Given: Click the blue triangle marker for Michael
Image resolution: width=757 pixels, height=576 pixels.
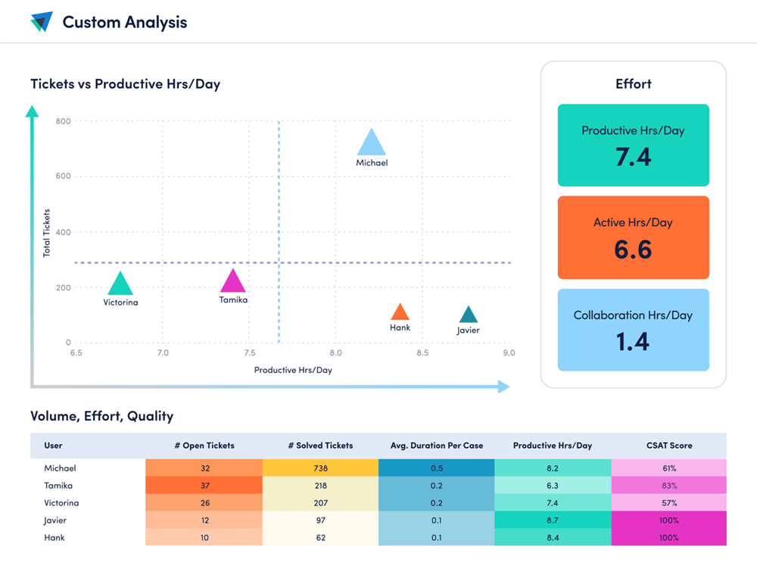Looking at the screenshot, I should (371, 144).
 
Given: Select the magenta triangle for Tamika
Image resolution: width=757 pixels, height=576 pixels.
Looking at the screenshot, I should (233, 282).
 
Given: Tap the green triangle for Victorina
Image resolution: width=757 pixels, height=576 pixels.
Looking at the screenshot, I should (120, 285).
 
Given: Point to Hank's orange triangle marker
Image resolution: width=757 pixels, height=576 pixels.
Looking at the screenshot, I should (400, 312).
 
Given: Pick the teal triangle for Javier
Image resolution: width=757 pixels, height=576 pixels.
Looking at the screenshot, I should (469, 315).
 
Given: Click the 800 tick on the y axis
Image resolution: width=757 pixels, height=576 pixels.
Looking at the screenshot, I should (63, 121).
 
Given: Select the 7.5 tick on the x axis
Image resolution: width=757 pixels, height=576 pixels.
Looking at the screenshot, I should (249, 353).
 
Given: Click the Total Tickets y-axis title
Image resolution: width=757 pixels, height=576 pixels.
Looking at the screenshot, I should (47, 233).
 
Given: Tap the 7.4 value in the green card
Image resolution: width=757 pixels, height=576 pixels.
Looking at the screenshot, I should (633, 157).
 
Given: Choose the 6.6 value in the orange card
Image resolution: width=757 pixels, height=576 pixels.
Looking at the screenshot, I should (633, 249).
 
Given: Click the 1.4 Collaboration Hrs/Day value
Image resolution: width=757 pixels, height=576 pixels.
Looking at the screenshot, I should (633, 342).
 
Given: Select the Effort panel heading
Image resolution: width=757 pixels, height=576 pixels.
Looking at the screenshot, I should (634, 84).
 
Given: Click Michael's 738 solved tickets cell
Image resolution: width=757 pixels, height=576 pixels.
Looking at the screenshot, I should (320, 468).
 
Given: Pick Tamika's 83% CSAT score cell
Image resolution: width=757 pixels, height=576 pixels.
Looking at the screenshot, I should (668, 486).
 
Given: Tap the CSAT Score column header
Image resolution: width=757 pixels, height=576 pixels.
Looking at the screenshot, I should (668, 446).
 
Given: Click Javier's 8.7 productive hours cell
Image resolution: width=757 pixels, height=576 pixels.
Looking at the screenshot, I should (553, 521).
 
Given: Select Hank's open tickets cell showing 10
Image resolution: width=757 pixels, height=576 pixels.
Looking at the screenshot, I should (204, 538).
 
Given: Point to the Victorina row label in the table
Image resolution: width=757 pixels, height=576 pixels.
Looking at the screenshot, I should (61, 503).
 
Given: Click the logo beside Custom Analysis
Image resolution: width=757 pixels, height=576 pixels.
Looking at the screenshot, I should (42, 22).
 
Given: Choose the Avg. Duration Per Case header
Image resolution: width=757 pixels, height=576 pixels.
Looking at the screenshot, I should (437, 446).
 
